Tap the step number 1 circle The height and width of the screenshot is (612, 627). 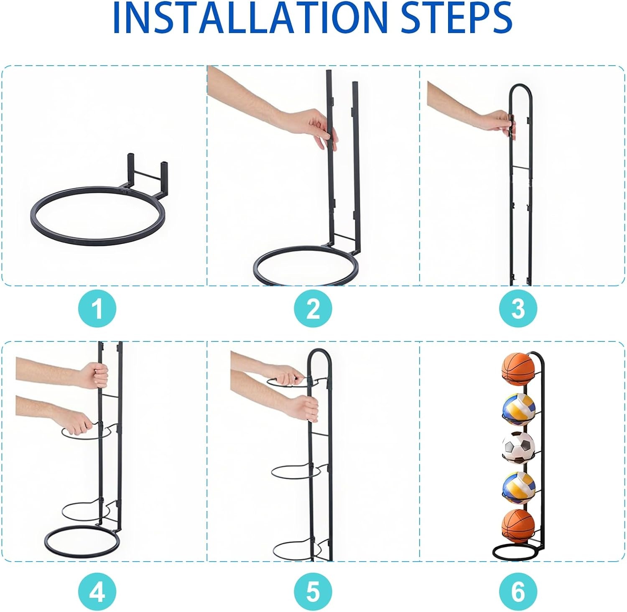[97, 309]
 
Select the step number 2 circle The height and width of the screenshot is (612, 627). [313, 309]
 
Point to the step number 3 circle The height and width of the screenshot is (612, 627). [518, 309]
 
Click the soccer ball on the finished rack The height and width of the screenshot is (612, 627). [518, 448]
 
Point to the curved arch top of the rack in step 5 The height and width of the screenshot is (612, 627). [319, 355]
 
